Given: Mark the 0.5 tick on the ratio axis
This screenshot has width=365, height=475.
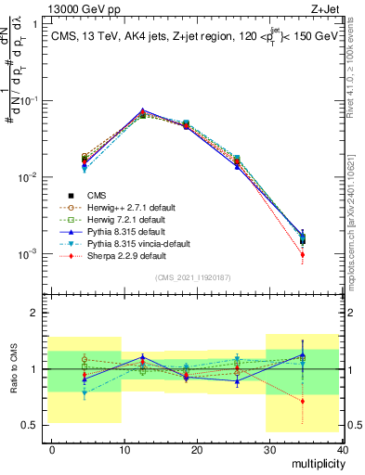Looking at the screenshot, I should coord(32,426).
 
